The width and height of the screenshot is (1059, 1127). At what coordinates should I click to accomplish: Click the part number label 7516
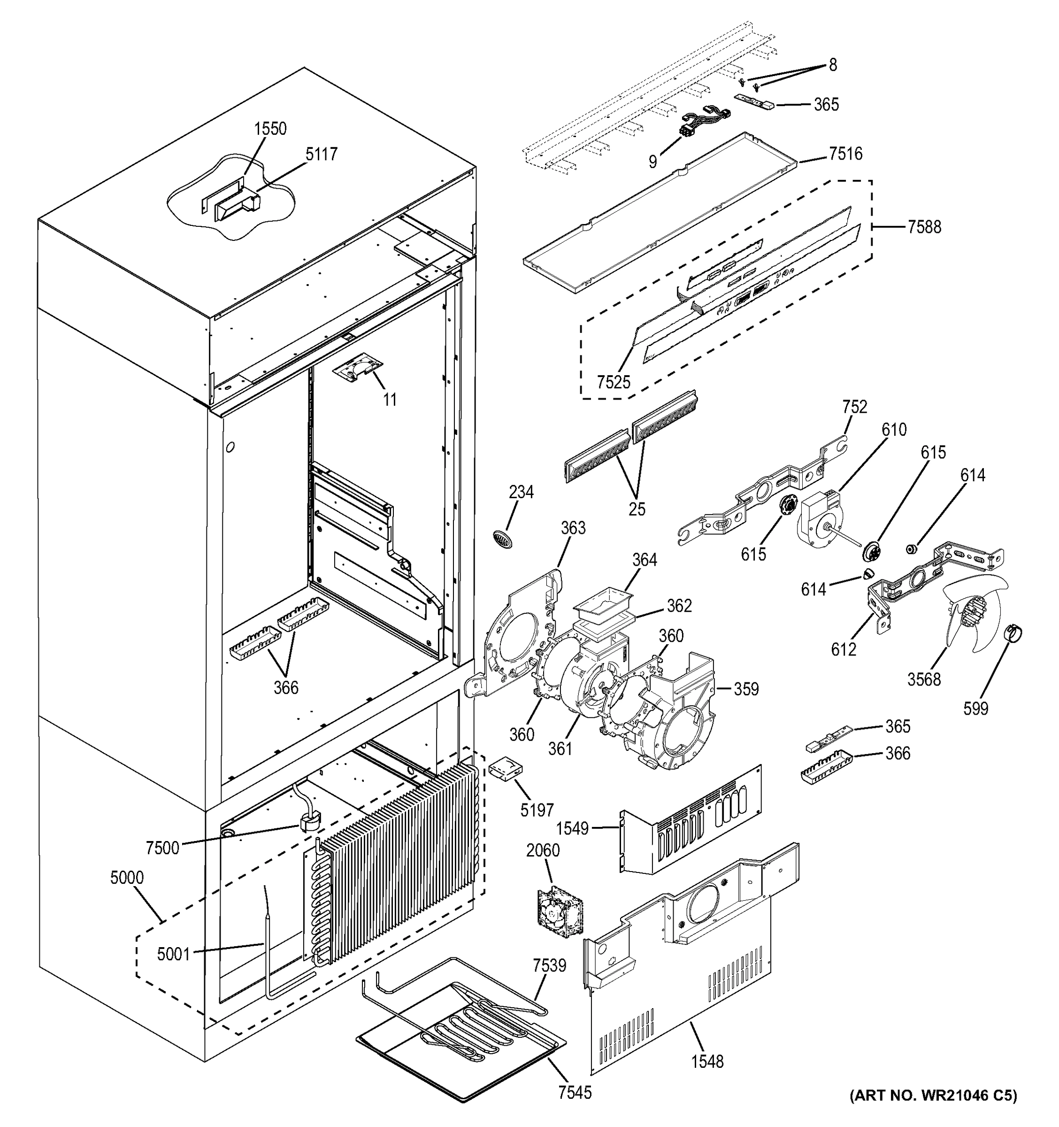[845, 154]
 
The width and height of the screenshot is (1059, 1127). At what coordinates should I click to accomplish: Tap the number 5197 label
[537, 810]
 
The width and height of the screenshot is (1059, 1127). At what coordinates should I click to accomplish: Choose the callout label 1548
[706, 1061]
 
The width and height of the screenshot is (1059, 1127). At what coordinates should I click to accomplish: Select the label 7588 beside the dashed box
[924, 227]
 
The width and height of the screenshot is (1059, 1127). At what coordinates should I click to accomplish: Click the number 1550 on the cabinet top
[270, 129]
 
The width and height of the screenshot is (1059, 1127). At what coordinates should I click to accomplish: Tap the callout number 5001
[173, 954]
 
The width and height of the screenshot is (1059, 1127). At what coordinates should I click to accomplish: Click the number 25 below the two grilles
[637, 509]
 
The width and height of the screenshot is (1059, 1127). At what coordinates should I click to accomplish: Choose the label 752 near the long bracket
[854, 407]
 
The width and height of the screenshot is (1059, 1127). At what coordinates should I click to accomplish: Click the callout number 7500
[162, 848]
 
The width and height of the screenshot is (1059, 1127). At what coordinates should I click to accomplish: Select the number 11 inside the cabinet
[389, 399]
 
